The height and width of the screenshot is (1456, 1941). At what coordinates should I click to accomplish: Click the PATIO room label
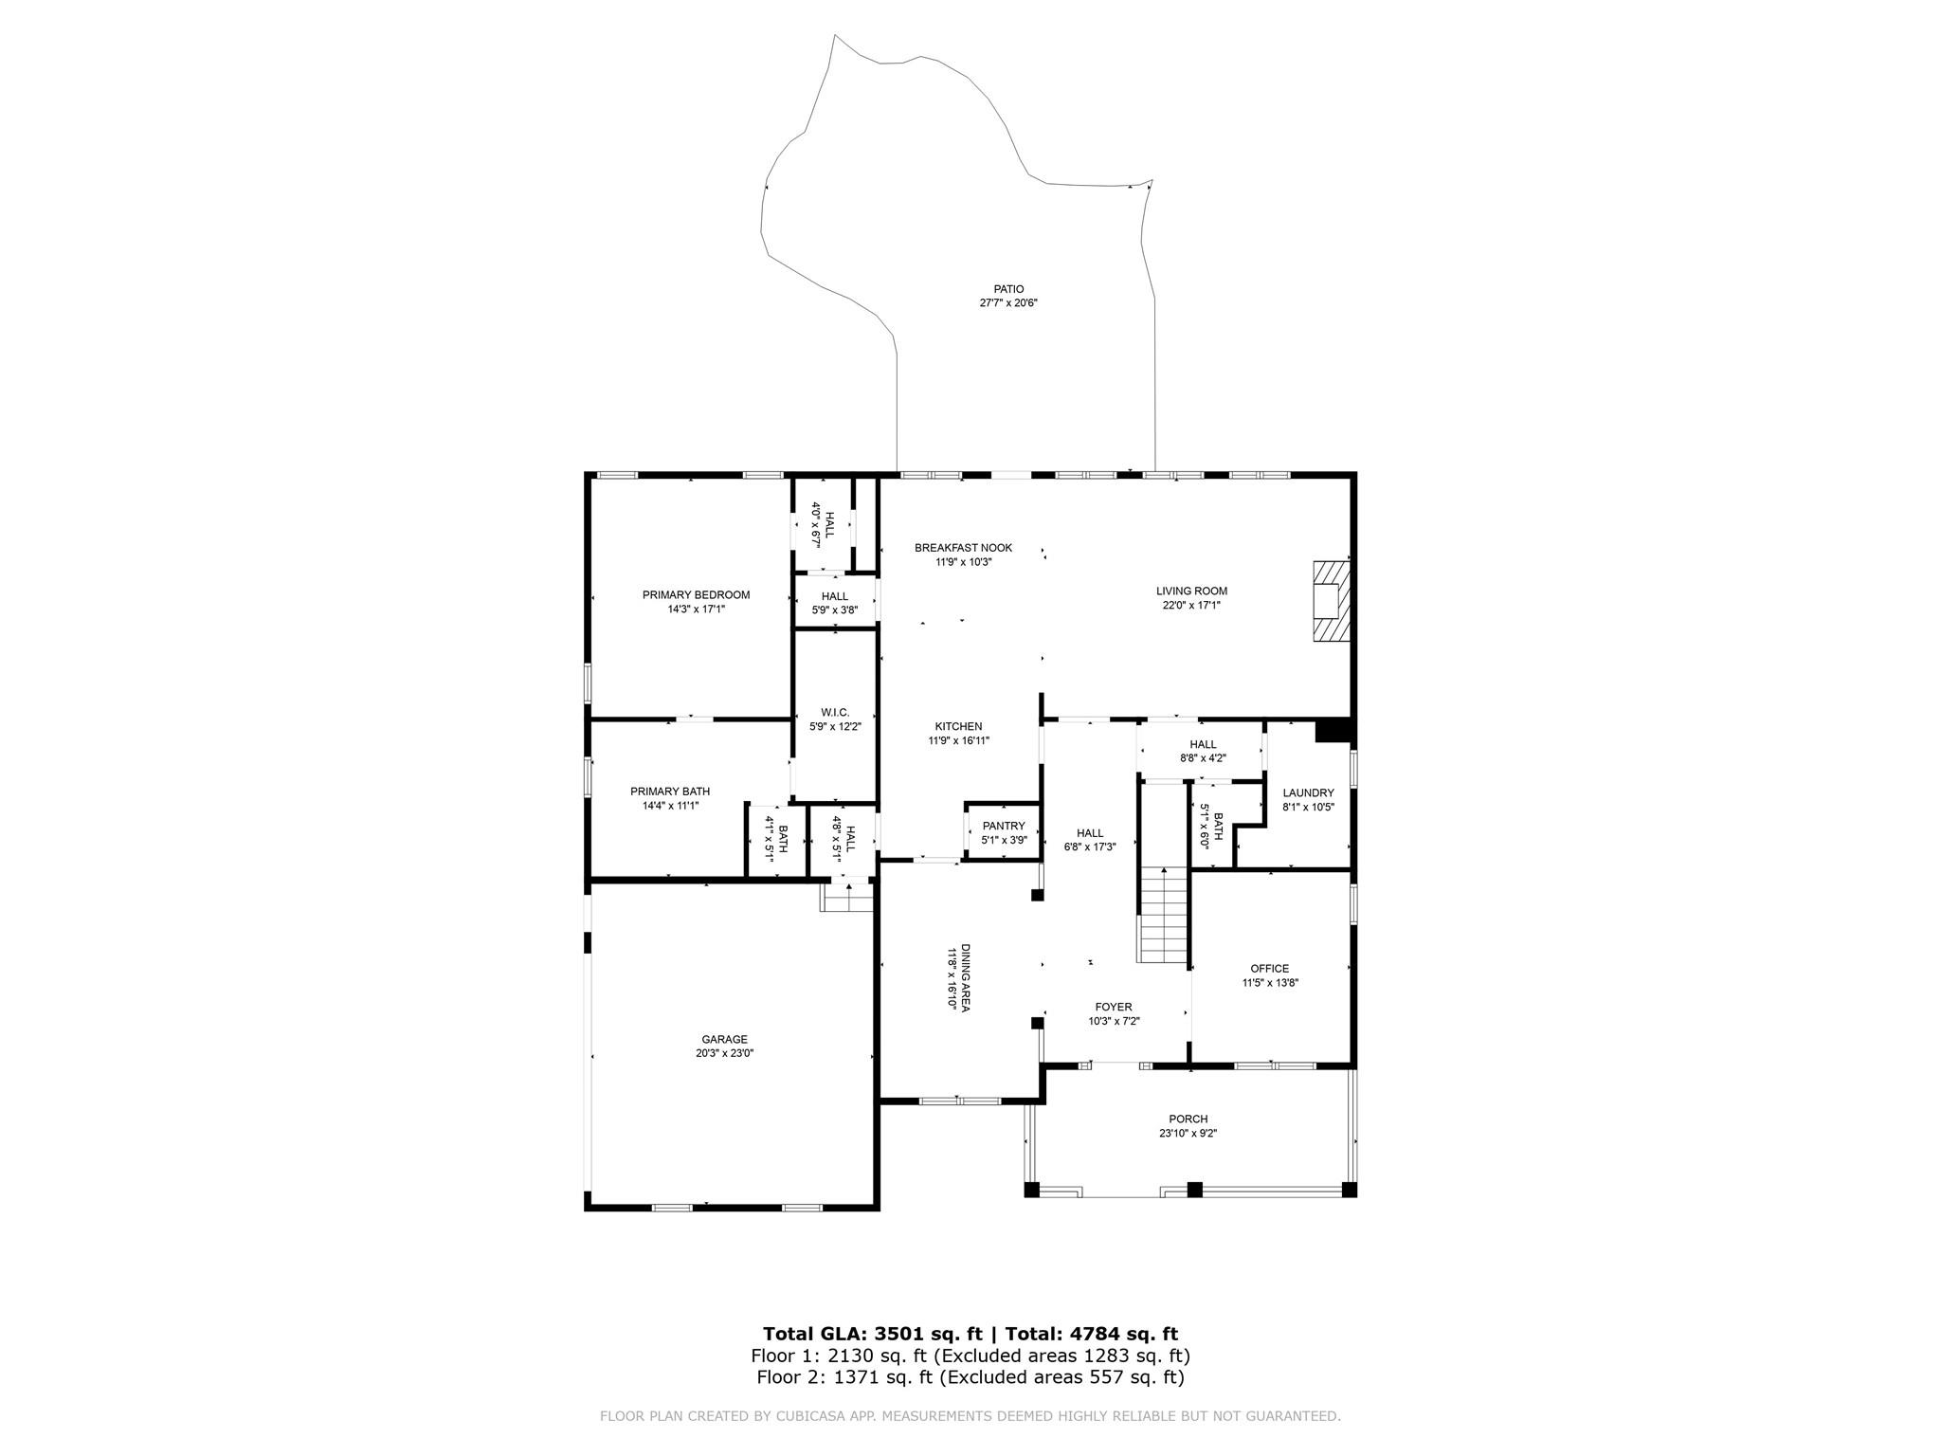click(1008, 289)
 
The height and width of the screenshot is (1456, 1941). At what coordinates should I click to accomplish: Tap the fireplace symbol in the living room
click(1331, 601)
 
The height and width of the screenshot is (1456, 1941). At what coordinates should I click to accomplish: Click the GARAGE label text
click(725, 1039)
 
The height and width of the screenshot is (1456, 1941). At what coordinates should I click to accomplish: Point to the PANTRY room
click(1004, 832)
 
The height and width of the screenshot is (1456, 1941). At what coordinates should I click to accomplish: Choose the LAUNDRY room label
click(1308, 793)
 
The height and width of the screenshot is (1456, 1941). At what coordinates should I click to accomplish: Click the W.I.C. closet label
click(835, 713)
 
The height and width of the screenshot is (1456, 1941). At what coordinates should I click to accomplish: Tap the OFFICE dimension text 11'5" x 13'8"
click(1270, 983)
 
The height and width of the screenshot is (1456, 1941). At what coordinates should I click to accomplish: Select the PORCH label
click(1188, 1119)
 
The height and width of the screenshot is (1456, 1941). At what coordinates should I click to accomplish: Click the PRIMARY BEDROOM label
click(696, 595)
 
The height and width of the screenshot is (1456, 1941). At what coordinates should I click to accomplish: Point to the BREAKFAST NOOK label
click(963, 548)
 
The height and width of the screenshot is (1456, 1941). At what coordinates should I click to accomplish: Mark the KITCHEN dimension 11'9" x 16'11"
click(958, 741)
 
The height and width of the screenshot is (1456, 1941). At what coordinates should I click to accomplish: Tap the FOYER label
click(1114, 1007)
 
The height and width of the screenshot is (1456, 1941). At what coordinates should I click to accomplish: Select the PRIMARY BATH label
click(670, 792)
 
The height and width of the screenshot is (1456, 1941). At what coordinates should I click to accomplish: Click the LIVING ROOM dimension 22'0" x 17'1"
click(1191, 605)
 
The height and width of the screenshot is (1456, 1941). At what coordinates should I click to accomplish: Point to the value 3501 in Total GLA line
click(910, 1334)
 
